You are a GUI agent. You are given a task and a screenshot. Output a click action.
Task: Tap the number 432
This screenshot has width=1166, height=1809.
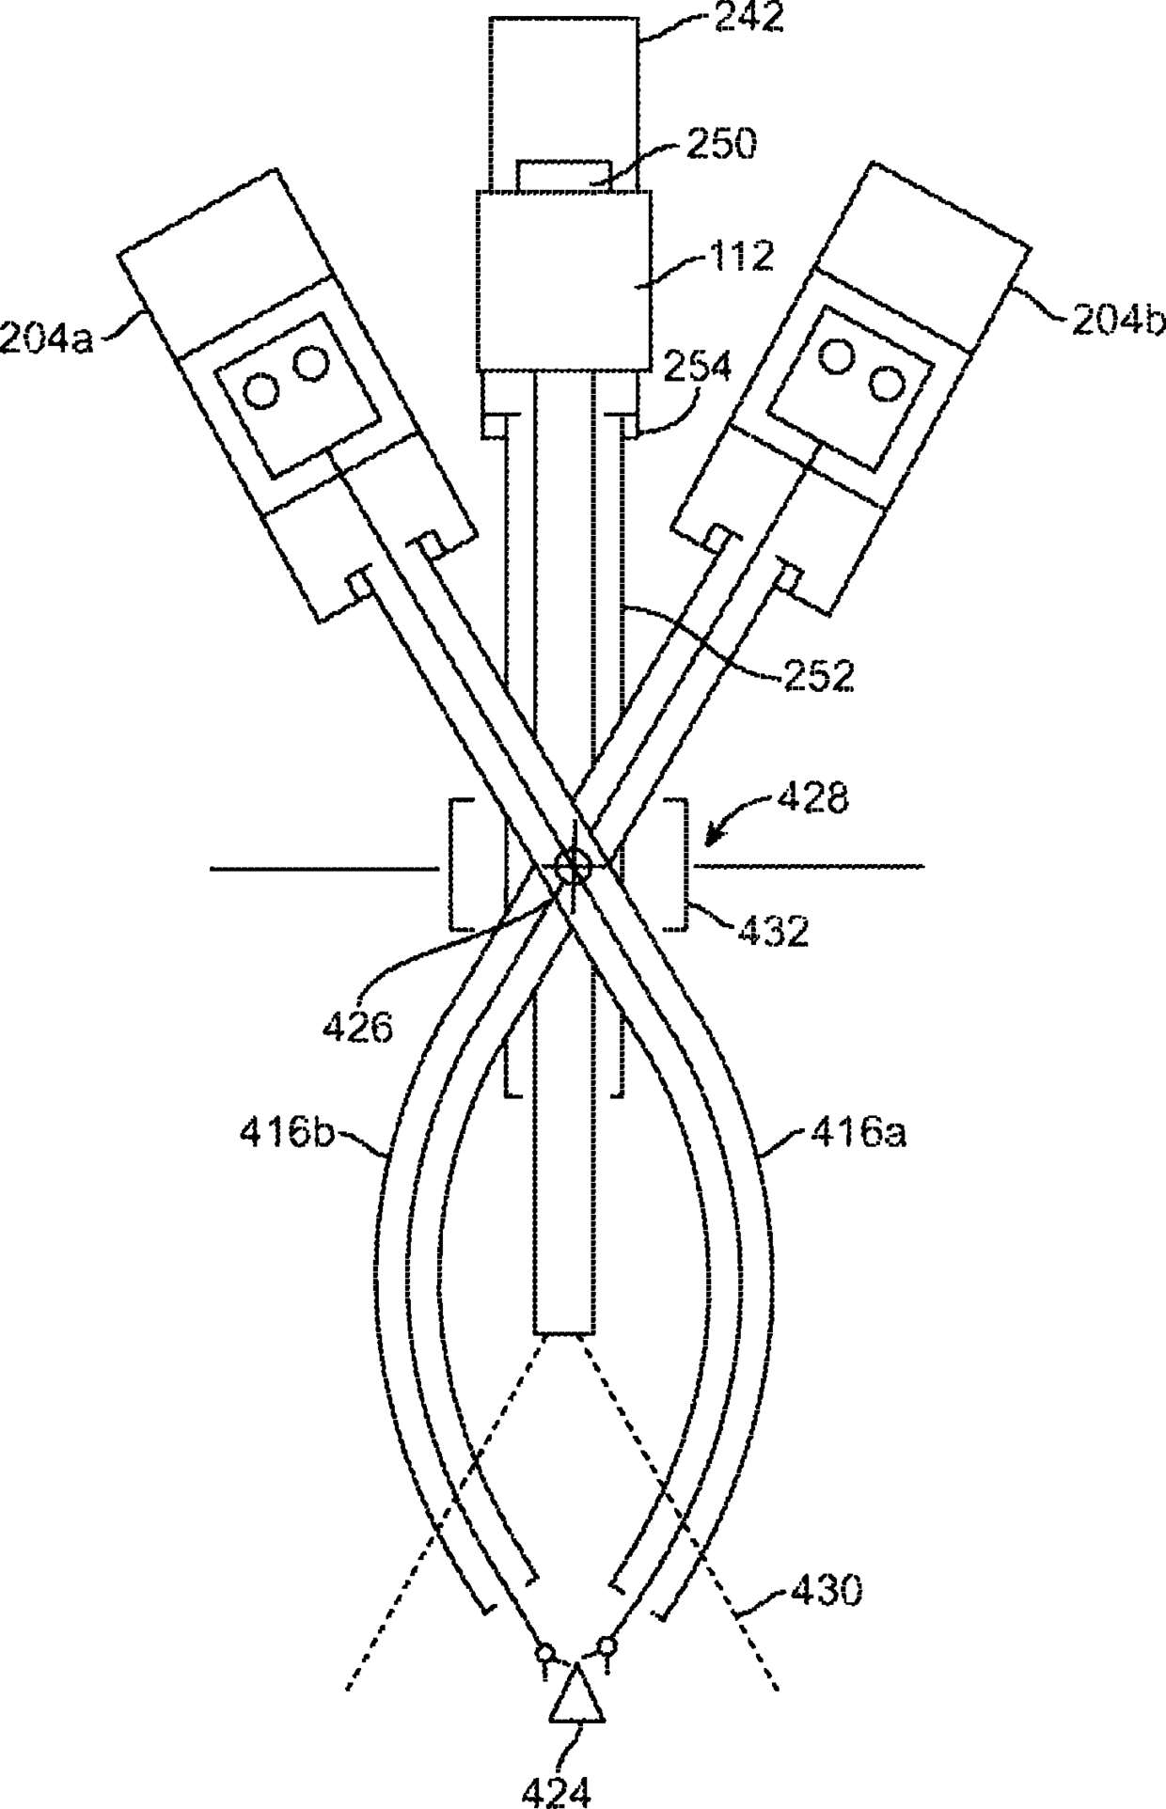coord(772,931)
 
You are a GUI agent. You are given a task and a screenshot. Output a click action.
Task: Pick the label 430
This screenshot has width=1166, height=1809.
coord(824,1591)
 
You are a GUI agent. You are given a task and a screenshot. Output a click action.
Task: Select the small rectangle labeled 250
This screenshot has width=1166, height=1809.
coord(565,175)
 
